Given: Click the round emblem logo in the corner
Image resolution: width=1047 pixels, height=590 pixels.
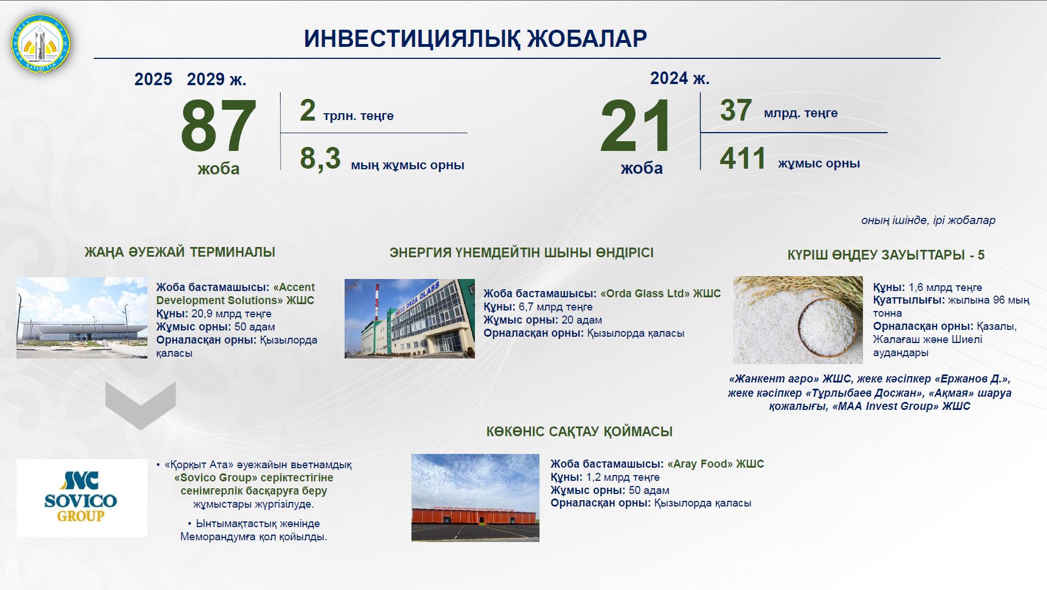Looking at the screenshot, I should tap(41, 43).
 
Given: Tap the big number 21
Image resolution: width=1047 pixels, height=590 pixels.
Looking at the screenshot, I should tap(636, 126).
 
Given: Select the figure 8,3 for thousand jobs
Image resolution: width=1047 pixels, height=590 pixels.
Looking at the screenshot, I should tap(320, 159).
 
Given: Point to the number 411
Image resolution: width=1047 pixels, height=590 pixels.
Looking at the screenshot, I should tap(742, 158).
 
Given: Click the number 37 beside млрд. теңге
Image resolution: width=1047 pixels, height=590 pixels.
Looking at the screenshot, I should tap(736, 110).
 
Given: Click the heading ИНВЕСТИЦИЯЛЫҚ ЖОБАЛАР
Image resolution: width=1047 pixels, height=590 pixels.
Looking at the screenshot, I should tap(475, 38).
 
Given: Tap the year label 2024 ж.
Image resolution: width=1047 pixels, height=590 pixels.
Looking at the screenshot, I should tap(680, 78).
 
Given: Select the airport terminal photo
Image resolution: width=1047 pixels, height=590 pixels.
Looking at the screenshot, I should tap(82, 318).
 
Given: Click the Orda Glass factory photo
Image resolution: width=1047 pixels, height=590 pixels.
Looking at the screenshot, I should tap(409, 318).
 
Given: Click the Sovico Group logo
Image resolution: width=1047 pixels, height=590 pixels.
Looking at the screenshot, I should tap(82, 497).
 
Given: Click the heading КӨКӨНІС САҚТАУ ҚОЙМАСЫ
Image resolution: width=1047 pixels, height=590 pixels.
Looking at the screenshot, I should tap(579, 432).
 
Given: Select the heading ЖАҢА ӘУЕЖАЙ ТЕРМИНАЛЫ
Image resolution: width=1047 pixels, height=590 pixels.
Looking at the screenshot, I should tap(180, 252).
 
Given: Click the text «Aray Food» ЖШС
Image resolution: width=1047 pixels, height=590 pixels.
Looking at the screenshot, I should tap(715, 464).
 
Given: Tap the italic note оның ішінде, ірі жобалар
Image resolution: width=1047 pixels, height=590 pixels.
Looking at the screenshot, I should tap(928, 220).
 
